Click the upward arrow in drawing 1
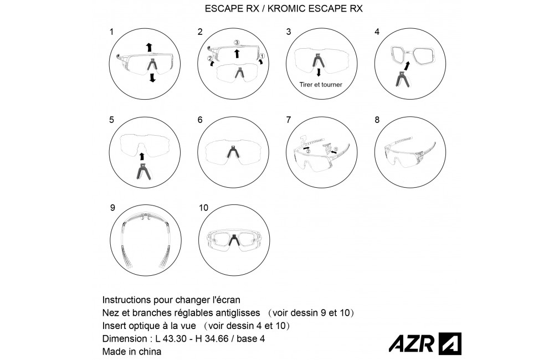(x=149, y=47)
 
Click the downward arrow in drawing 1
(x=152, y=78)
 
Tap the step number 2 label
(x=200, y=32)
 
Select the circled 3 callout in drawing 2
(x=237, y=43)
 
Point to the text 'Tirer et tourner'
(x=321, y=84)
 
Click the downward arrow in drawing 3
(x=319, y=72)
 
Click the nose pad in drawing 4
(x=402, y=79)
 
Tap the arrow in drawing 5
(x=142, y=156)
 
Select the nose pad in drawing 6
(x=233, y=152)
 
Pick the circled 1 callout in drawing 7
(x=336, y=149)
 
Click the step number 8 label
(x=377, y=120)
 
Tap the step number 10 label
(x=203, y=208)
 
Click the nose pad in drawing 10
(x=233, y=240)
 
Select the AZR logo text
(x=412, y=343)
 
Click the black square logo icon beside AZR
(x=450, y=343)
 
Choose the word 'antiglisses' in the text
(x=239, y=313)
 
